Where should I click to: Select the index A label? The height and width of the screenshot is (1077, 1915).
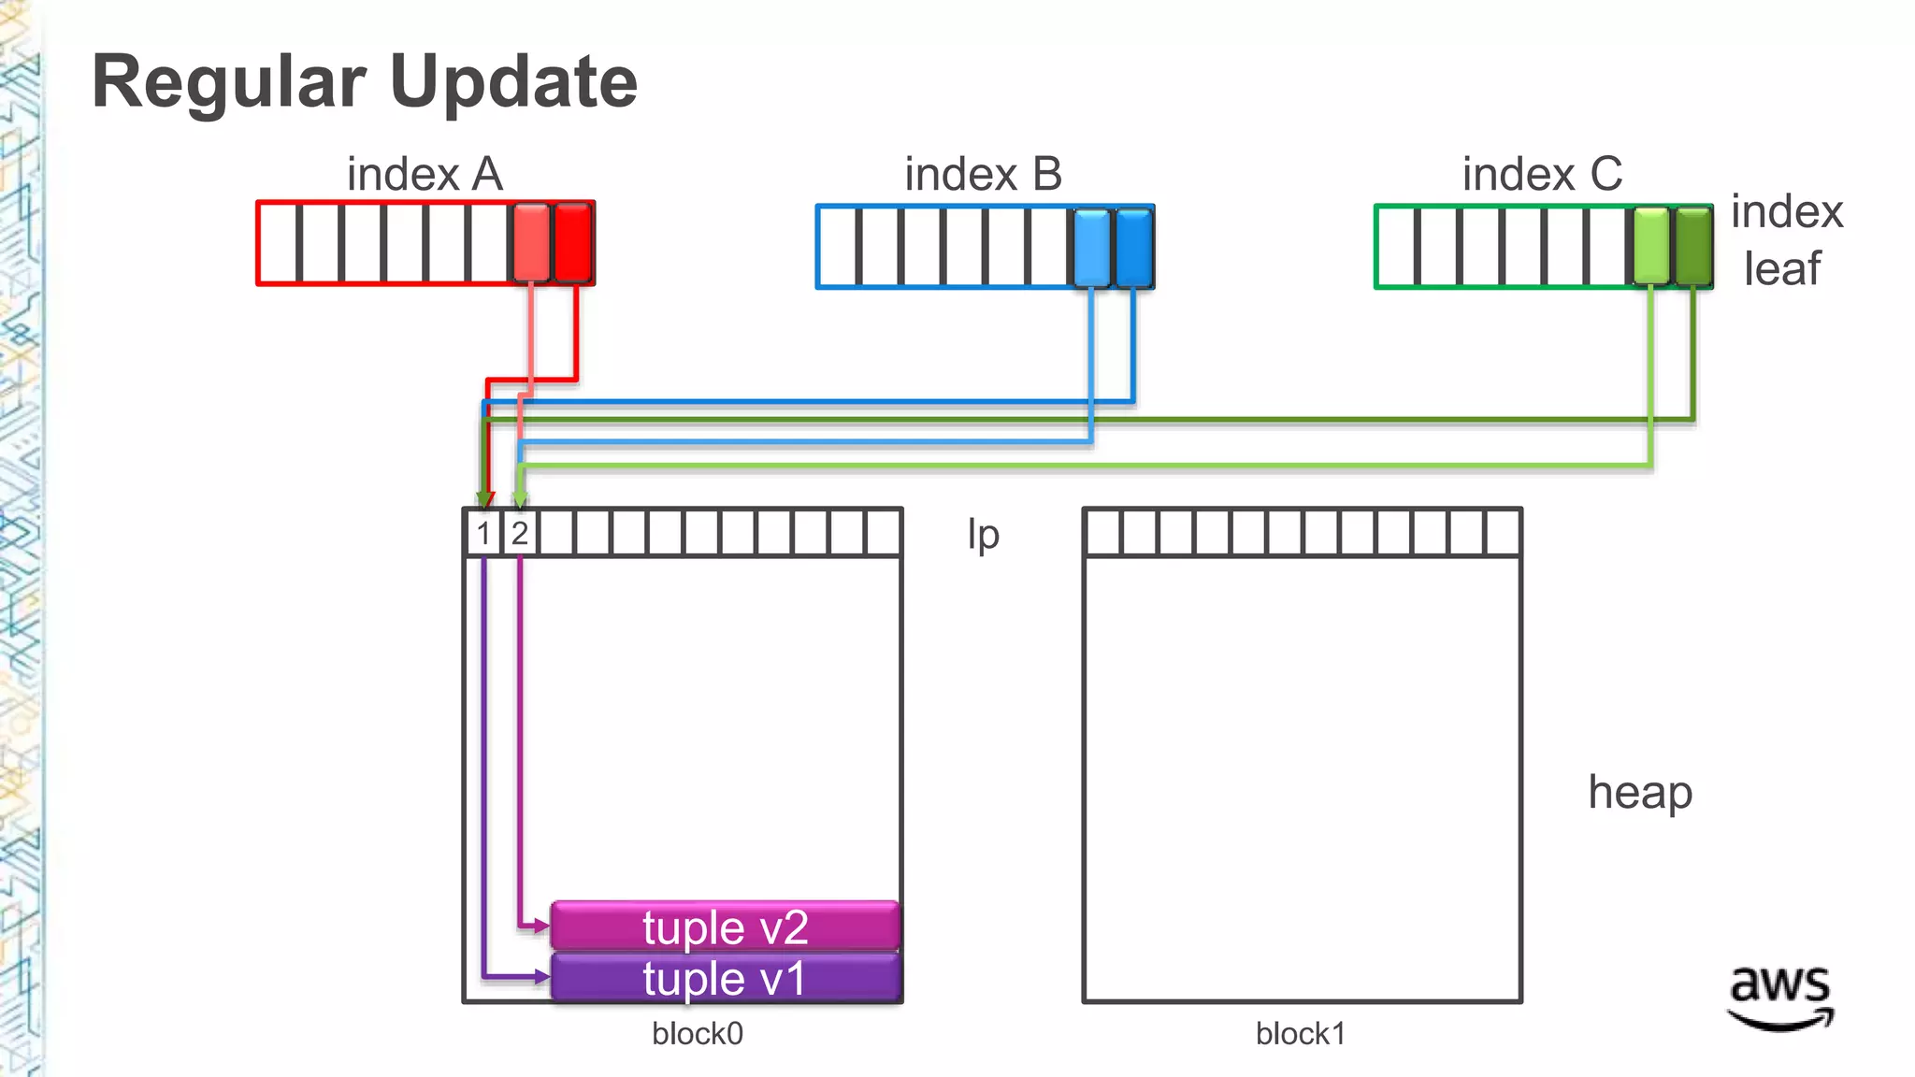(x=425, y=175)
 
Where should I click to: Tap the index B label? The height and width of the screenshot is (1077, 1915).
(x=983, y=175)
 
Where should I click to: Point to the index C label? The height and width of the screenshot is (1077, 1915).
(x=1542, y=175)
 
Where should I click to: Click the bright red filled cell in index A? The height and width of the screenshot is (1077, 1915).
(x=573, y=243)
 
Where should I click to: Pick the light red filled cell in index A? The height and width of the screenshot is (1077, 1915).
(x=531, y=243)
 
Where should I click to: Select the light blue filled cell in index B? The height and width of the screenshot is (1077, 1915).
(x=1091, y=247)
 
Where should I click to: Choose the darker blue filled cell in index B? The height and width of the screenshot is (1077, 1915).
(x=1134, y=247)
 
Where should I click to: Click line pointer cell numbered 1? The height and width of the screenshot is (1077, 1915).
(x=483, y=534)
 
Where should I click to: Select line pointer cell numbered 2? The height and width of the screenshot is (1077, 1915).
(x=520, y=534)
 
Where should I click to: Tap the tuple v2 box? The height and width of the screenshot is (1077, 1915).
(x=725, y=926)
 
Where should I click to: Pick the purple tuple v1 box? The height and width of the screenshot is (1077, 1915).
(x=725, y=978)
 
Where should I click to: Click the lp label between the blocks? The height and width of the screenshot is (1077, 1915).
(x=983, y=536)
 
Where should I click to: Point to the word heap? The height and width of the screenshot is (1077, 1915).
(x=1640, y=793)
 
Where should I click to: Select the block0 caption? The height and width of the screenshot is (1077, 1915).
(x=698, y=1034)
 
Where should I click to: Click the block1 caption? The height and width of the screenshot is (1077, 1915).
(x=1301, y=1034)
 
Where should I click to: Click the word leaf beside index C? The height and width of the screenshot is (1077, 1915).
(x=1781, y=269)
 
